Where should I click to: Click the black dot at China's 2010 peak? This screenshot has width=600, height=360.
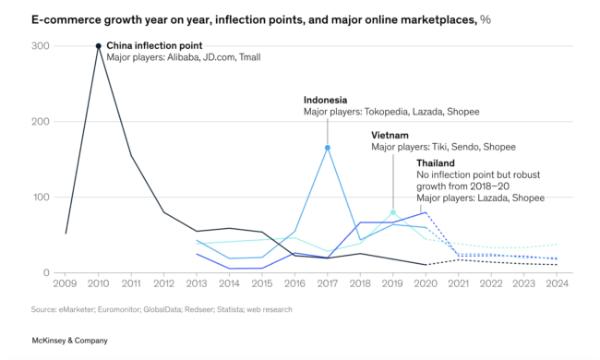(x=98, y=45)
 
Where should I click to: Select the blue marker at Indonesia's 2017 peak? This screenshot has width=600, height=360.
(x=328, y=148)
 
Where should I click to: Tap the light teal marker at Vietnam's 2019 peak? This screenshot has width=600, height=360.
(x=394, y=212)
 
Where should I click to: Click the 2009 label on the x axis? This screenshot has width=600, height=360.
(x=65, y=285)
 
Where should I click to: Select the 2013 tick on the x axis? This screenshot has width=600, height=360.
(x=197, y=285)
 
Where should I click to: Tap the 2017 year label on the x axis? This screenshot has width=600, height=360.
(x=328, y=285)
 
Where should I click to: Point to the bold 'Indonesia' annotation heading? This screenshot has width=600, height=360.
(x=327, y=100)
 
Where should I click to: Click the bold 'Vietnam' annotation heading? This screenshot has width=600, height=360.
(x=390, y=135)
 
